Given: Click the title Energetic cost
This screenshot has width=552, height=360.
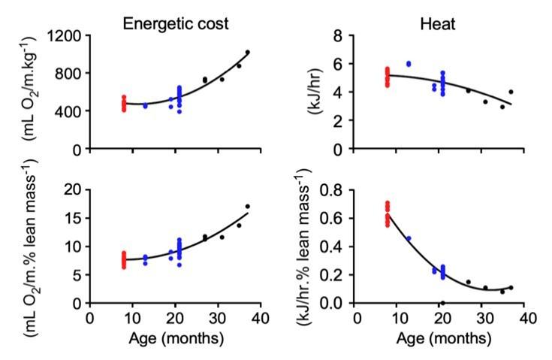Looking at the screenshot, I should click(x=176, y=24).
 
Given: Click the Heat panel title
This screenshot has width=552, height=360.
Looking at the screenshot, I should click(x=441, y=24).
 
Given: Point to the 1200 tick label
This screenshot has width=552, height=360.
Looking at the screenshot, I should click(x=66, y=35).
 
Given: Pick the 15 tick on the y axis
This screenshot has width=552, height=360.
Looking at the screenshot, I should click(x=74, y=217).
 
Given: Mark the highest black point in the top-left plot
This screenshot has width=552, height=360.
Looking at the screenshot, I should click(x=247, y=53).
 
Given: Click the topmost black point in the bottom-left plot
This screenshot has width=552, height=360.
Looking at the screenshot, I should click(x=247, y=207).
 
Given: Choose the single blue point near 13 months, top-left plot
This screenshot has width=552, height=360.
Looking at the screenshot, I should click(x=146, y=106).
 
